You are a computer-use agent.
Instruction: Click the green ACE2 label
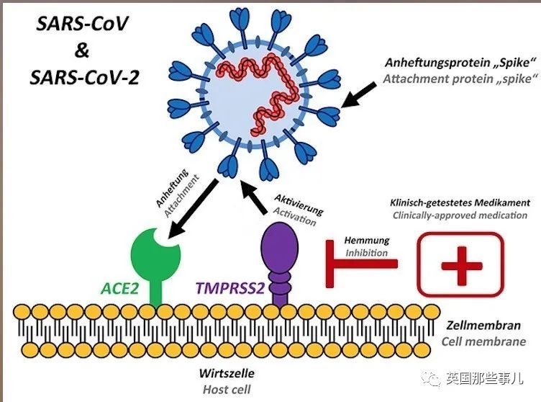click(x=119, y=288)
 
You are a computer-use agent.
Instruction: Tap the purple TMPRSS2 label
click(x=229, y=288)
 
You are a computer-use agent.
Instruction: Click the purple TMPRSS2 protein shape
click(x=279, y=264)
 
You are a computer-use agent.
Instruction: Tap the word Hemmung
click(x=367, y=241)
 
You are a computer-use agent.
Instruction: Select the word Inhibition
click(x=367, y=253)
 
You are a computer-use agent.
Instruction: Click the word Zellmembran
click(x=483, y=325)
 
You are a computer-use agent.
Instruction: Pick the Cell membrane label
click(x=483, y=341)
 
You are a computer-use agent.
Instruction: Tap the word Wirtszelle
click(x=227, y=373)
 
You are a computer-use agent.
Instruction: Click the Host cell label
click(x=227, y=390)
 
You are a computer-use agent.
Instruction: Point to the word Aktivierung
click(x=299, y=205)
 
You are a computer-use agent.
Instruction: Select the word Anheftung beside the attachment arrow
click(x=172, y=188)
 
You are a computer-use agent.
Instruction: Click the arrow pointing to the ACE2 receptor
click(x=193, y=209)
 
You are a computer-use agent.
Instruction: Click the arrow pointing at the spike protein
click(x=358, y=95)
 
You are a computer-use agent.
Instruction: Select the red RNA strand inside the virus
click(x=257, y=91)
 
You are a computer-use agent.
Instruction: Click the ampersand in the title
click(x=82, y=50)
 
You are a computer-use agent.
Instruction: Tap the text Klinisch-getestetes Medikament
click(x=460, y=202)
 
